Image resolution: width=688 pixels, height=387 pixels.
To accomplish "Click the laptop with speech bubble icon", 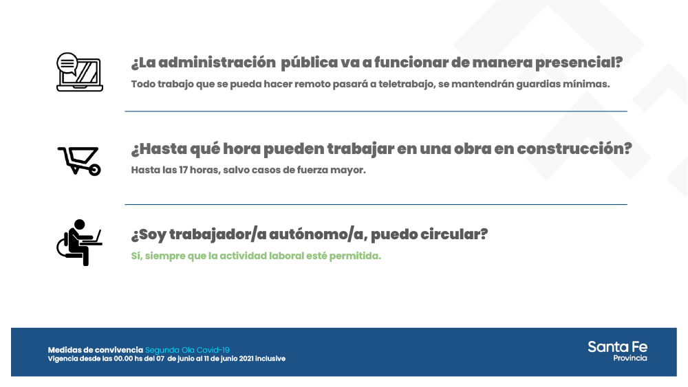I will (x=79, y=72).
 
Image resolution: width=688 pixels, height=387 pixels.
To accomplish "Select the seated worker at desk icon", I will (x=79, y=242).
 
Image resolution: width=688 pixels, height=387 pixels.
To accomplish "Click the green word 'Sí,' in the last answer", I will (x=138, y=256).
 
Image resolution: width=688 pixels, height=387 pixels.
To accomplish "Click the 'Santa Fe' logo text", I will (x=617, y=346).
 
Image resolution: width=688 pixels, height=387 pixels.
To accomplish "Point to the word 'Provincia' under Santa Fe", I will (x=630, y=358).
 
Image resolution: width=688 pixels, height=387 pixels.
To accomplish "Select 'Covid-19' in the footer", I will (x=213, y=350).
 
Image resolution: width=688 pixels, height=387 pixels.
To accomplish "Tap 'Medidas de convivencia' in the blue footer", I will (x=96, y=350).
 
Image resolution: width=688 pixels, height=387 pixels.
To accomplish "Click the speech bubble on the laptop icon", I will (x=67, y=63).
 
